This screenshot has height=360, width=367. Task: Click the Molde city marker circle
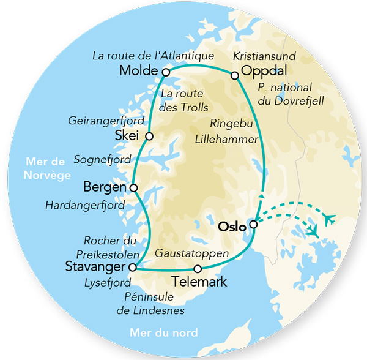point(166,72)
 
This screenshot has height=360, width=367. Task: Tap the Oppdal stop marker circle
point(234,75)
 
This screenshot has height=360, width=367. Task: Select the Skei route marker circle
point(149,136)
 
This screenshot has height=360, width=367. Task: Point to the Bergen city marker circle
point(134,187)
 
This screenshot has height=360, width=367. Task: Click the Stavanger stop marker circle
point(132,267)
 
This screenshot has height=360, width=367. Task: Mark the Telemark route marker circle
point(197,269)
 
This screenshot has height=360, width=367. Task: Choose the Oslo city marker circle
point(253,224)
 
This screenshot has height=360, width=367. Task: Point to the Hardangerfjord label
point(85,205)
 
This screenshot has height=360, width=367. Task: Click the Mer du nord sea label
point(163,333)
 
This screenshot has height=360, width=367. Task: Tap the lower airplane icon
point(313,232)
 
